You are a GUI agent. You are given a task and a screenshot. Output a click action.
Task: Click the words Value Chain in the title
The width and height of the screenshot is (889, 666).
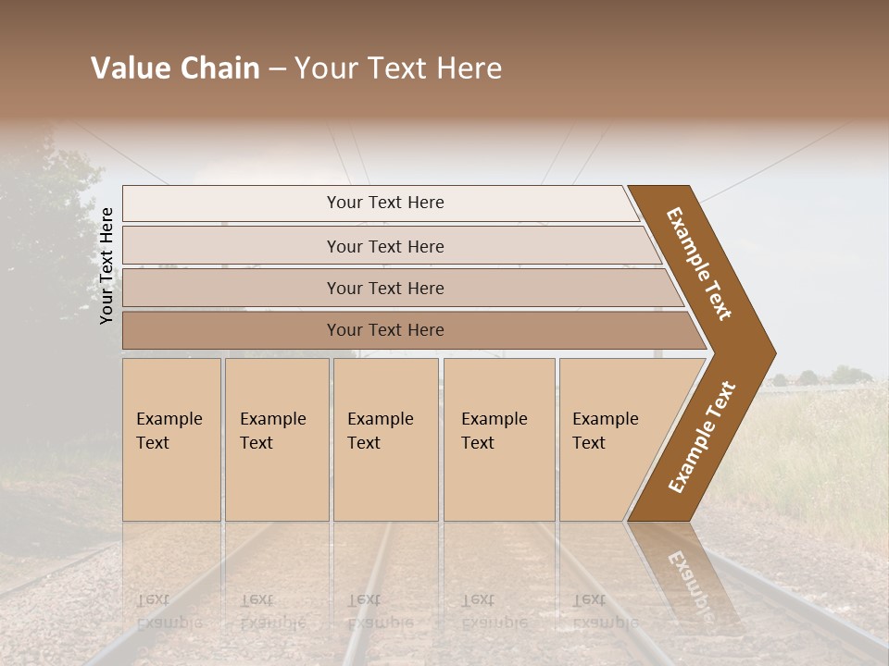175,68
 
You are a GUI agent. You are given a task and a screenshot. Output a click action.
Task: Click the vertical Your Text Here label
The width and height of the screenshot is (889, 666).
107,265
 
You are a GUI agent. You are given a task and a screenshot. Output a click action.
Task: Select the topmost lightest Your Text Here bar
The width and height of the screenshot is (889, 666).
384,203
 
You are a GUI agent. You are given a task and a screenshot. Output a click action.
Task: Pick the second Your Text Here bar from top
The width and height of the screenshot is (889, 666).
384,246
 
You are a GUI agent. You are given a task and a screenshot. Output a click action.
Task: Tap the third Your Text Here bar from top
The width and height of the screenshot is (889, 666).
384,288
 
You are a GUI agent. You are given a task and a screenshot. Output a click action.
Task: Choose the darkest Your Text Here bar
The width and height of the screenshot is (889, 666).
384,330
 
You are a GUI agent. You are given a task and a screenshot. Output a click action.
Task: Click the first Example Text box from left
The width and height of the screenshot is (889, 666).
171,439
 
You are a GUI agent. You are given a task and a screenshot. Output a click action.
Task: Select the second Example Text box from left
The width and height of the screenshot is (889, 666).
276,439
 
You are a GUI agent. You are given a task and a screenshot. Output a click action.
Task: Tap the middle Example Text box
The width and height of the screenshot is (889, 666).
384,439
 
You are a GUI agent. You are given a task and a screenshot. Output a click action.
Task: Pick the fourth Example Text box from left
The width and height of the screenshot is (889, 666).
498,439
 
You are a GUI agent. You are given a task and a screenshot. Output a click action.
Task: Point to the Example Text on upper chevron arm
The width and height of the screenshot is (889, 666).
699,264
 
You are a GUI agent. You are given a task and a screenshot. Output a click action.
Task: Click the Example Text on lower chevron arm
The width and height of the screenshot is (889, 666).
701,437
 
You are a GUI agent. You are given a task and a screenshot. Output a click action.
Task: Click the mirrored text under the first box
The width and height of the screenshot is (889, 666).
169,610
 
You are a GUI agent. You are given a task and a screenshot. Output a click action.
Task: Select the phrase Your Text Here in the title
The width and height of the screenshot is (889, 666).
398,68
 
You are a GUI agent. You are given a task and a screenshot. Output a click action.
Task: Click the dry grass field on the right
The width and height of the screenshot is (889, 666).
815,444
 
